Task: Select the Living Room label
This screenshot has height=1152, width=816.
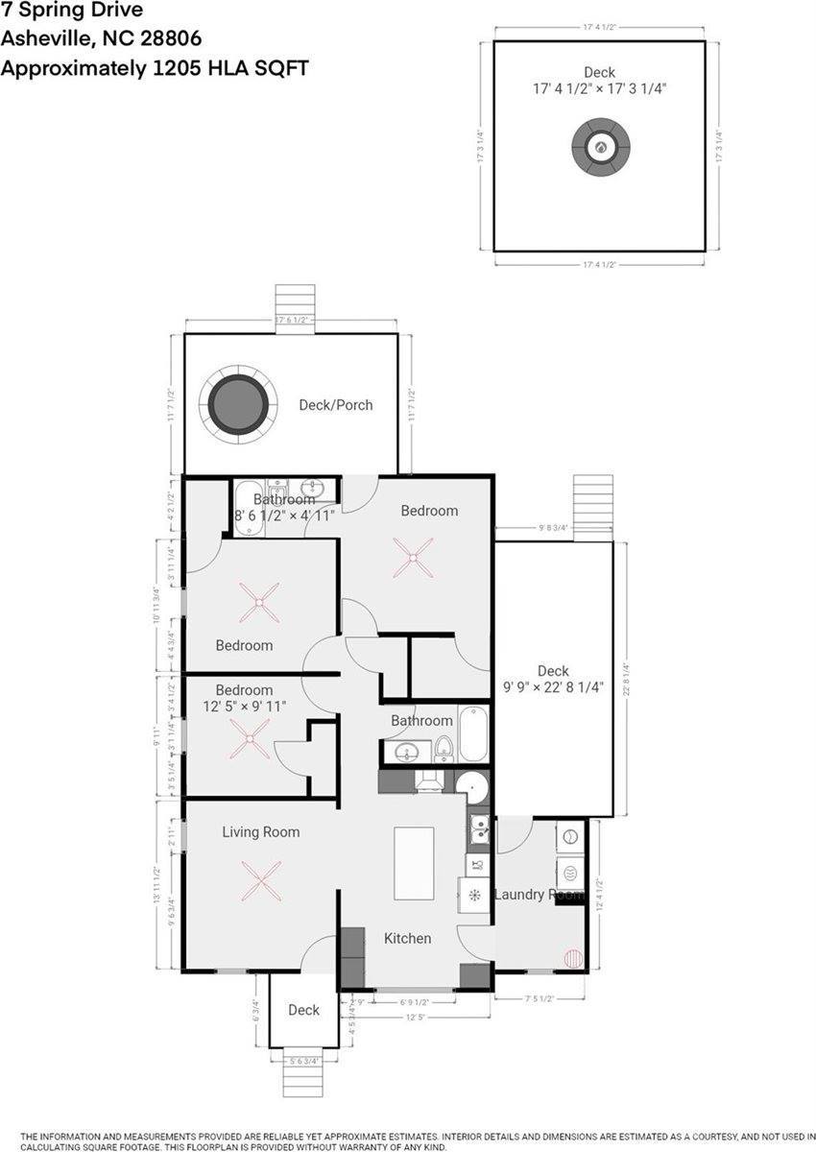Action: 261,832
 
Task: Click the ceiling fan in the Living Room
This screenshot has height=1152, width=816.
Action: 260,880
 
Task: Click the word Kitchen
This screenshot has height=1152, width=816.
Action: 408,938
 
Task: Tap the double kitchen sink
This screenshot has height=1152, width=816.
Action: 478,828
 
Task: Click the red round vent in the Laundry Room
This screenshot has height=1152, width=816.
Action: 573,958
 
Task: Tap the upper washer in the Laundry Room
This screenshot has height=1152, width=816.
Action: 569,835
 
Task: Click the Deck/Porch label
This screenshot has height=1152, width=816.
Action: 335,405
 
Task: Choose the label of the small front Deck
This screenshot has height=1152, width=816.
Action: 303,1010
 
